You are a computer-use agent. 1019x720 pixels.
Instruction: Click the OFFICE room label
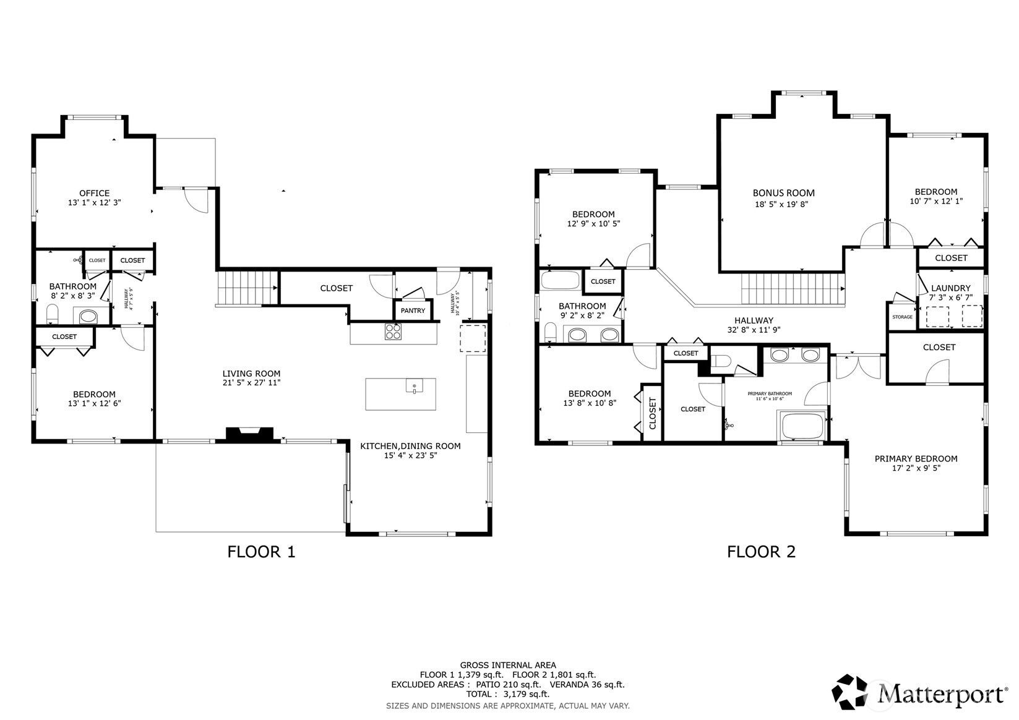[x=94, y=193]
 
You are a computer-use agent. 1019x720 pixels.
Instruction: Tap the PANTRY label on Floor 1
[x=413, y=311]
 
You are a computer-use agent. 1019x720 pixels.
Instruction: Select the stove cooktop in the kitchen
[x=393, y=332]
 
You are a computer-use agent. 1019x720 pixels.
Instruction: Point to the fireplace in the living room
[x=249, y=434]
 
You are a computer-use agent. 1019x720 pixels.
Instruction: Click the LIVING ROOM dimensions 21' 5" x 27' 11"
[x=251, y=383]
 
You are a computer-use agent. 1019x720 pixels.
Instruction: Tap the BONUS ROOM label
[x=783, y=193]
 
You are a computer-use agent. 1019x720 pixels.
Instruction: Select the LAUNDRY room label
[x=950, y=288]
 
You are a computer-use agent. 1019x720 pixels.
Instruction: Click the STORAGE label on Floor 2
[x=902, y=317]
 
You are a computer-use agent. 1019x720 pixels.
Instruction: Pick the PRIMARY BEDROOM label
[x=916, y=458]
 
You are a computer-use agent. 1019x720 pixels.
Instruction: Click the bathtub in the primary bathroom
[x=802, y=426]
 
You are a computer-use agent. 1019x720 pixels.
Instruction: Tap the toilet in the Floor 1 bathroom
[x=53, y=315]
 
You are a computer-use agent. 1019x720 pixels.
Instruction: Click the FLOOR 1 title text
[x=261, y=551]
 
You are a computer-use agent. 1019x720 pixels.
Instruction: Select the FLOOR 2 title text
[x=761, y=551]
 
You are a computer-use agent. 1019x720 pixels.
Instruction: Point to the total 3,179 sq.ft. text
[x=507, y=694]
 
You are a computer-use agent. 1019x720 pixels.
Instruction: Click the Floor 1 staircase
[x=246, y=288]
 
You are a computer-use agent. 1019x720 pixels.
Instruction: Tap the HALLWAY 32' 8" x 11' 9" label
[x=754, y=325]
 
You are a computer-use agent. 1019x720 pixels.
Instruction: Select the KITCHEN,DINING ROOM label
[x=410, y=446]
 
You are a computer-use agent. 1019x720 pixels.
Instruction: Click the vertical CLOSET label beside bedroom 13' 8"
[x=652, y=413]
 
